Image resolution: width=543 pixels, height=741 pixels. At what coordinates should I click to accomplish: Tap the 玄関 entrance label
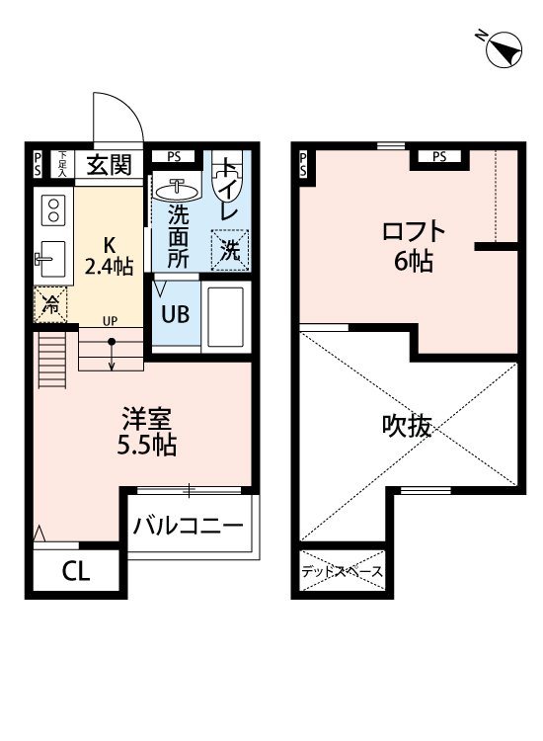(108, 166)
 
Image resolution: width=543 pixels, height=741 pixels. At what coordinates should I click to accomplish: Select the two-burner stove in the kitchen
(51, 208)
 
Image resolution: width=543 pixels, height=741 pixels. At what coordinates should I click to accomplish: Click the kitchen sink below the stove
(50, 260)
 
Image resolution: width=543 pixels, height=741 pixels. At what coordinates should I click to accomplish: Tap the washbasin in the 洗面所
(178, 188)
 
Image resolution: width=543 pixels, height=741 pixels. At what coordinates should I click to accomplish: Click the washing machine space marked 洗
(229, 250)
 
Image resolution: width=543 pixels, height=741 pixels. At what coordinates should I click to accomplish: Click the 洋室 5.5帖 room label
(142, 432)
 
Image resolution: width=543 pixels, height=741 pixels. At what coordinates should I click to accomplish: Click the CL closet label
(75, 571)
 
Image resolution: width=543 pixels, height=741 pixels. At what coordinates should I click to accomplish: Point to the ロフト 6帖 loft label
(414, 246)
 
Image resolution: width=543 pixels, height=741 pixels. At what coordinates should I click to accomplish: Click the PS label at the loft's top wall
(438, 156)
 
